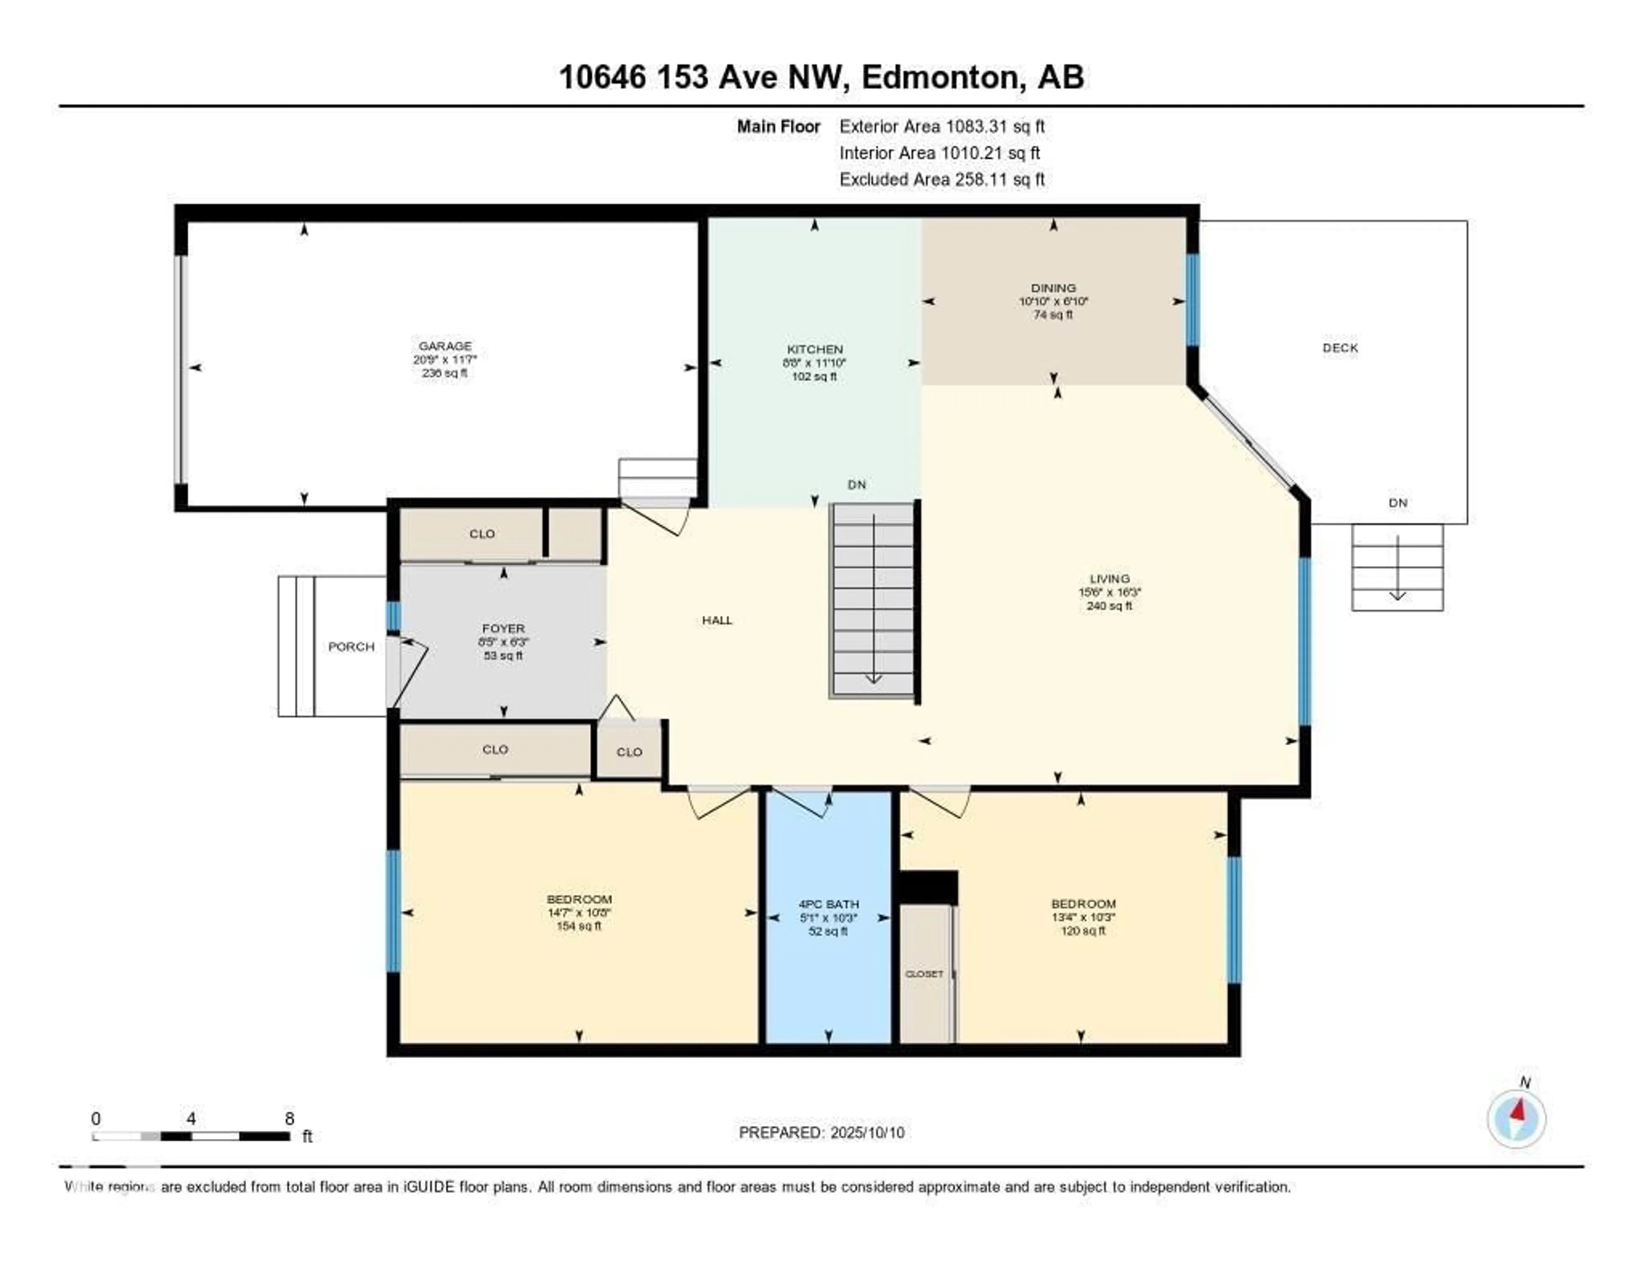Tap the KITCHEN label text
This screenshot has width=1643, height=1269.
point(815,349)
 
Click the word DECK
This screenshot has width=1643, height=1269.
point(1340,347)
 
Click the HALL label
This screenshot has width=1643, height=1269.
point(717,620)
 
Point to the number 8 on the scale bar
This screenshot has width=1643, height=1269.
point(290,1118)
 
